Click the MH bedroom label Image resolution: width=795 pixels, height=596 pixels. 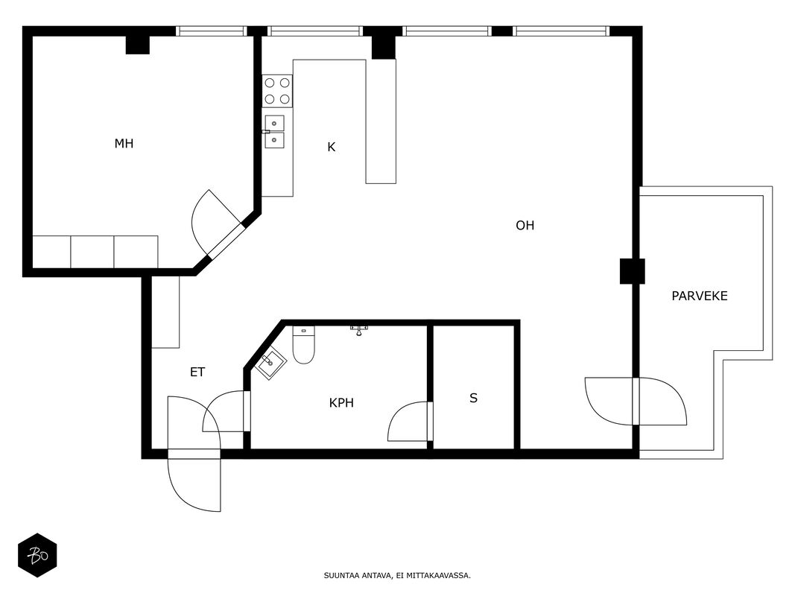(x=124, y=144)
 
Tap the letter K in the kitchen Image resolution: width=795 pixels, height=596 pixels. (x=331, y=147)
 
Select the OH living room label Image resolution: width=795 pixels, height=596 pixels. (x=525, y=225)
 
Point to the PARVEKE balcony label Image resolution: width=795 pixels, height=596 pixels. (x=699, y=296)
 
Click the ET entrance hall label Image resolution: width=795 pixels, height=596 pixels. (x=197, y=372)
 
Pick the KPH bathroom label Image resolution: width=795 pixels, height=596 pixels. (x=341, y=403)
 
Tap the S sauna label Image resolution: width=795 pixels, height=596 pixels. (x=474, y=398)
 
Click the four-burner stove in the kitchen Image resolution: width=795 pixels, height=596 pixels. (x=277, y=91)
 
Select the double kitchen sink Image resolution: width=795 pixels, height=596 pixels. (x=273, y=132)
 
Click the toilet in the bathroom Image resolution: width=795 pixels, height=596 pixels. (x=303, y=345)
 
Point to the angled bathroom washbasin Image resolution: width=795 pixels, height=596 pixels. (x=270, y=363)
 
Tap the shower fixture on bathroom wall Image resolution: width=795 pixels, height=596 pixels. (x=359, y=331)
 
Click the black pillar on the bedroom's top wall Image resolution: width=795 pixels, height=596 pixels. (x=137, y=45)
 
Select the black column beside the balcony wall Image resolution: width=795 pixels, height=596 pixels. (x=633, y=271)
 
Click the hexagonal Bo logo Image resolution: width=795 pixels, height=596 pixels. (x=37, y=556)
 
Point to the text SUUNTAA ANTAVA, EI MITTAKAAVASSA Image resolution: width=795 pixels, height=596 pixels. (x=397, y=575)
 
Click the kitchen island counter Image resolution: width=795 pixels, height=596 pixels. (x=380, y=121)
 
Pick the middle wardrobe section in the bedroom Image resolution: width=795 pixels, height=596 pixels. (x=92, y=252)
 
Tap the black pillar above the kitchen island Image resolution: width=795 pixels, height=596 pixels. (x=383, y=47)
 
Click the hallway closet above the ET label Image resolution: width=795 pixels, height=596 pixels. (x=166, y=312)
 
